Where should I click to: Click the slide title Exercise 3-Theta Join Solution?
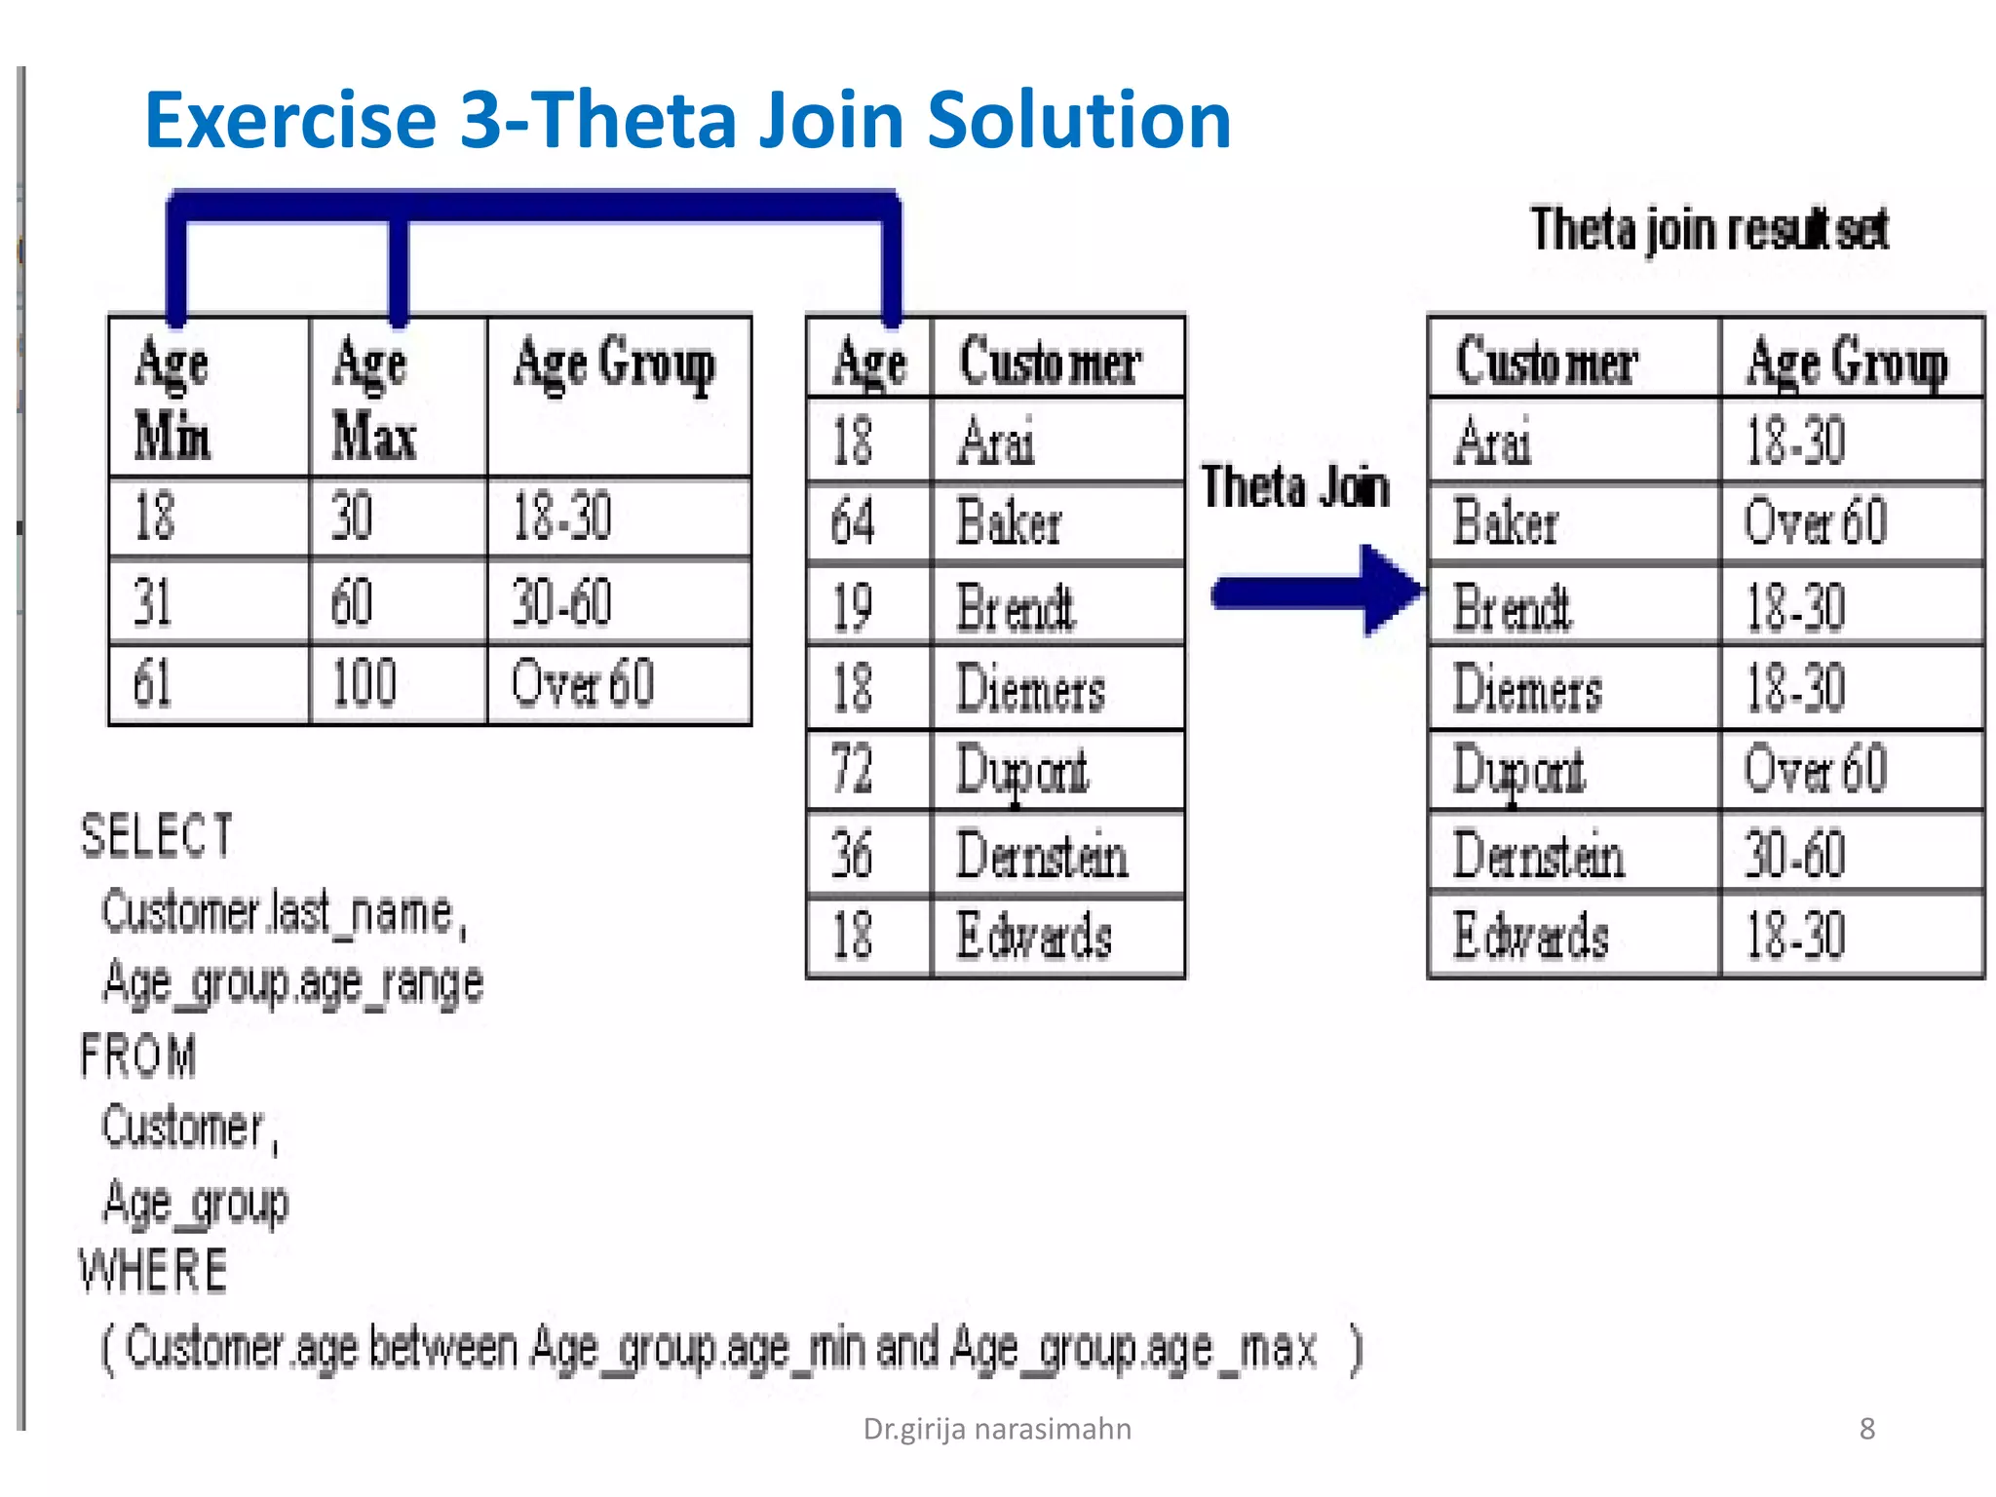687,120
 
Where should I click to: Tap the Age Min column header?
173,398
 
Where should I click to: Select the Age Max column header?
374,398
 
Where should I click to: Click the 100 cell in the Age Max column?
365,682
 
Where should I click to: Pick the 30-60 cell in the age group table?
562,601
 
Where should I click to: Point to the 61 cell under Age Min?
153,682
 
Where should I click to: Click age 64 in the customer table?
853,521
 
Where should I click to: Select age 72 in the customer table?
853,769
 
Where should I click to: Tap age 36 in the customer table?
853,854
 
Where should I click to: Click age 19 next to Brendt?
853,606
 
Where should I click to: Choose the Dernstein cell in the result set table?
1538,854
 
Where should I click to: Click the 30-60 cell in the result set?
1795,854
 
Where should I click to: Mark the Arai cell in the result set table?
1493,441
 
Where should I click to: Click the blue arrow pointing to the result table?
1316,592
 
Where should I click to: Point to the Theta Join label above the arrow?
1295,486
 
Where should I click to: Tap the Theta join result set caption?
1709,230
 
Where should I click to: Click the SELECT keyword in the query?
157,836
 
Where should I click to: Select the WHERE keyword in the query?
154,1271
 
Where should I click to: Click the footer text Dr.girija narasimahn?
997,1429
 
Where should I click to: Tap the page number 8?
1866,1429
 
